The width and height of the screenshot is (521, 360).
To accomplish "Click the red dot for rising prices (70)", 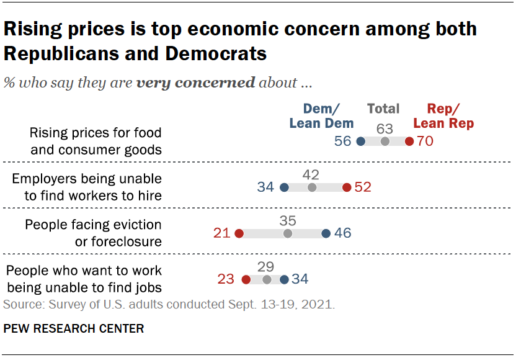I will pyautogui.click(x=409, y=141).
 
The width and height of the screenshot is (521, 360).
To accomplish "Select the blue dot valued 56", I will pyautogui.click(x=361, y=141).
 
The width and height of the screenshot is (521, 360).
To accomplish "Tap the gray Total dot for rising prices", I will pyautogui.click(x=385, y=141).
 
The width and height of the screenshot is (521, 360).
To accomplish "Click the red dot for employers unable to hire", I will pyautogui.click(x=347, y=187).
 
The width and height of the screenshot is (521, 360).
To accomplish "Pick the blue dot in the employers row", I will pyautogui.click(x=284, y=187).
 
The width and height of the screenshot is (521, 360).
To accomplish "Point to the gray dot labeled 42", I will pyautogui.click(x=312, y=187).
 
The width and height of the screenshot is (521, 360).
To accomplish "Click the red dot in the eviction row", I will pyautogui.click(x=239, y=233).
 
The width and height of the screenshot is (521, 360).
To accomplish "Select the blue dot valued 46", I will pyautogui.click(x=326, y=233).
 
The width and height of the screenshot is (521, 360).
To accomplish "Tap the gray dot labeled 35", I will pyautogui.click(x=288, y=233).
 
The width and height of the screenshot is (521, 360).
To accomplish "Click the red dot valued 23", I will pyautogui.click(x=246, y=279).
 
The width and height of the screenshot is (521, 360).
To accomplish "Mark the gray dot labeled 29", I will pyautogui.click(x=267, y=279).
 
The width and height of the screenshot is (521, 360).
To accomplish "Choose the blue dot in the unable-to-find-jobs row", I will pyautogui.click(x=284, y=279).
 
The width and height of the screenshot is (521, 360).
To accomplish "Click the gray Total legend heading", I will pyautogui.click(x=383, y=109).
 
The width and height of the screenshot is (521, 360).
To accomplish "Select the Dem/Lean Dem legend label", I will pyautogui.click(x=321, y=116).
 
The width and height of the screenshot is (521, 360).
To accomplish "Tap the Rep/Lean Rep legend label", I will pyautogui.click(x=443, y=116).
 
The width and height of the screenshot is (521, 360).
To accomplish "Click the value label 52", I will pyautogui.click(x=362, y=187).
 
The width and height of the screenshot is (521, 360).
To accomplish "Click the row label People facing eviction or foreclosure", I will pyautogui.click(x=93, y=233).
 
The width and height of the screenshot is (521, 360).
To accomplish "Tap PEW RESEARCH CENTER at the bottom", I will pyautogui.click(x=74, y=328).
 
